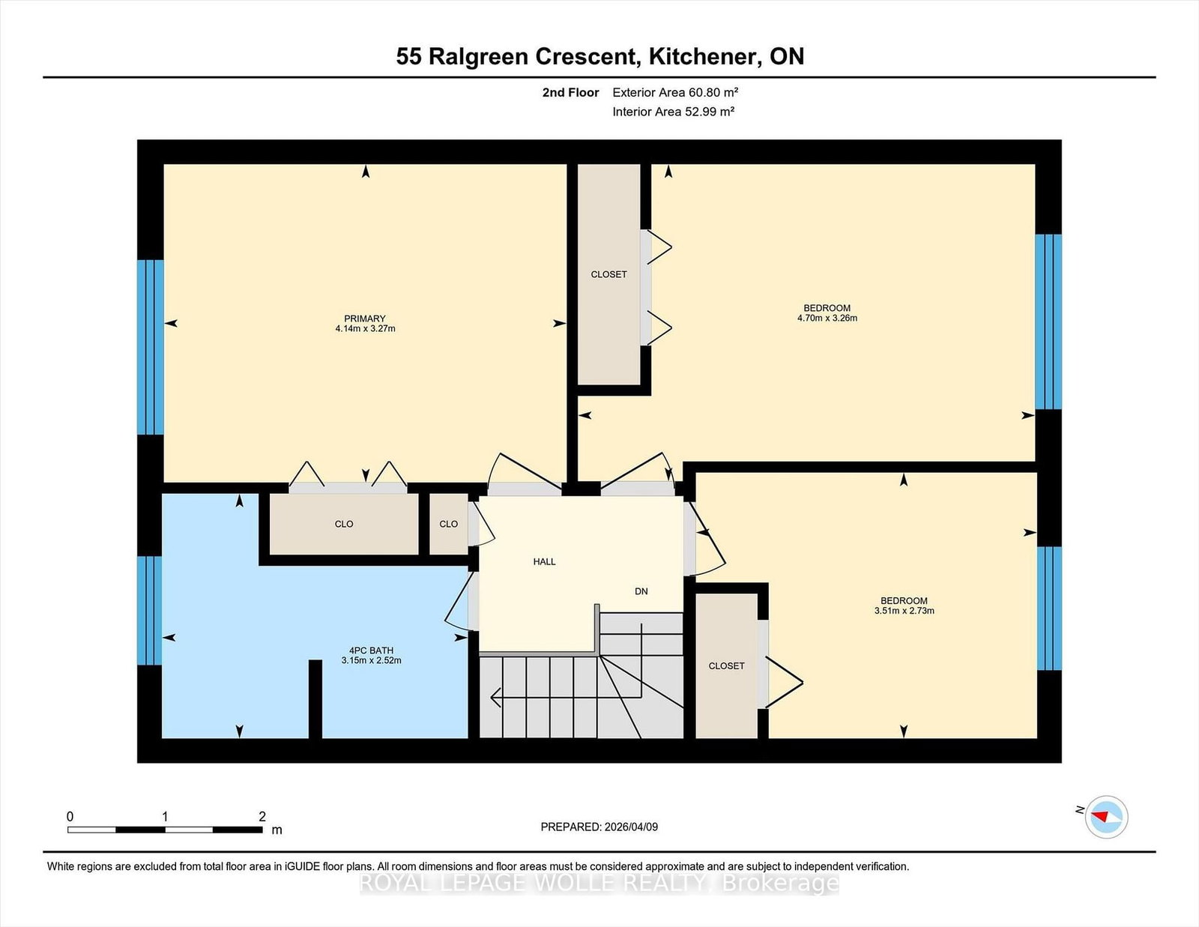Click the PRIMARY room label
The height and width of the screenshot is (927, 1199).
364,318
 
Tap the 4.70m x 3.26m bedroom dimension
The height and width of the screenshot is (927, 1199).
827,318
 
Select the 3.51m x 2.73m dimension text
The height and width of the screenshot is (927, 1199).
904,611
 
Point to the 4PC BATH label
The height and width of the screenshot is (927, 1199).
371,650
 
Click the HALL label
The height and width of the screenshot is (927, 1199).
544,562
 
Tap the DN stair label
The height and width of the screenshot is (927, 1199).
641,591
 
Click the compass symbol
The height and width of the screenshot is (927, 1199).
1106,817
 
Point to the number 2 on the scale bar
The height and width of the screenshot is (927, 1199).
262,816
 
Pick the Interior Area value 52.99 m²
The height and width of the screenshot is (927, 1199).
709,112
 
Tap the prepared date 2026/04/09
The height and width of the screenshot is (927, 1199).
631,827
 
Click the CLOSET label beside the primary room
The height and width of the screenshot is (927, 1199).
608,274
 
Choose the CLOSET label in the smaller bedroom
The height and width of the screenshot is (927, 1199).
726,666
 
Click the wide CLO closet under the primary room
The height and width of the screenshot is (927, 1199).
344,524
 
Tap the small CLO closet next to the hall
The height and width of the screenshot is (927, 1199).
449,524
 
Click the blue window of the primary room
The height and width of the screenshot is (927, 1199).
150,347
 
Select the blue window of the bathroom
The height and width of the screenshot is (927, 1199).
150,610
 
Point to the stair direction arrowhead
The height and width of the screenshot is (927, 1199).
495,698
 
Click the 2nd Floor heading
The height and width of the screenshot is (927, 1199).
570,92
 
